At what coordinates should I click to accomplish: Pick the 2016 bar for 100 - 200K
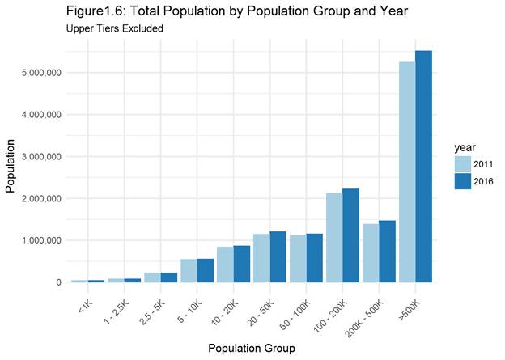click(x=350, y=235)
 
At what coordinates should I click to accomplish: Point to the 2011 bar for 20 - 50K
click(x=261, y=258)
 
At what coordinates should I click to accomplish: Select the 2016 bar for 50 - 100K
click(x=314, y=258)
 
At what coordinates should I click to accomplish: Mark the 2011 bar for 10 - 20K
click(x=224, y=265)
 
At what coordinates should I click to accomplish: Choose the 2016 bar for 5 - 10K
click(x=205, y=270)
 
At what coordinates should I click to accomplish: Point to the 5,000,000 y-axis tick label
click(x=40, y=73)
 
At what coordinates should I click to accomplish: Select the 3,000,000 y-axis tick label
click(x=40, y=156)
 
